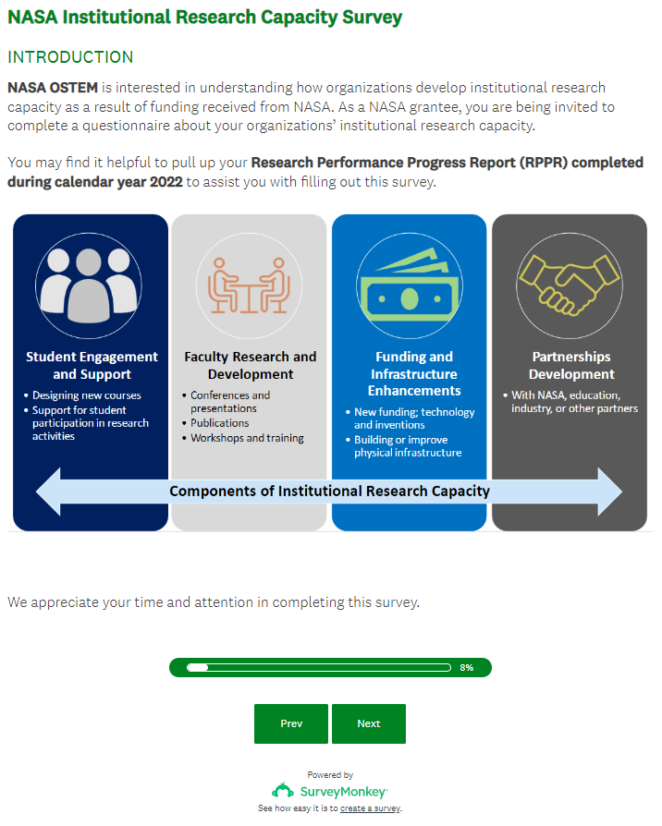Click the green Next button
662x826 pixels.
point(368,723)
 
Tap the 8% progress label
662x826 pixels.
point(466,667)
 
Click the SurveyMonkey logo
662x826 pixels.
point(329,791)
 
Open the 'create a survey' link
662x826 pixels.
point(370,808)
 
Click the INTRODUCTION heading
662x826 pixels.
point(70,57)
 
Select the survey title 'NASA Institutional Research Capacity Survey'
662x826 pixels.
point(204,18)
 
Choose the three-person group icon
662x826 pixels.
point(90,282)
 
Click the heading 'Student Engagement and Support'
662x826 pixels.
point(92,365)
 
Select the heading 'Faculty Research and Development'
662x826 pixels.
point(250,365)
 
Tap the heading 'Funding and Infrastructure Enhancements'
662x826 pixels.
point(414,373)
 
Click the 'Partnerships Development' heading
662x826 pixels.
point(571,365)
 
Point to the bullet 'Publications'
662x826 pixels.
point(220,423)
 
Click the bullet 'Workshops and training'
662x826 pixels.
point(247,438)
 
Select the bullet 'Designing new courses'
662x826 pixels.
point(87,395)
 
